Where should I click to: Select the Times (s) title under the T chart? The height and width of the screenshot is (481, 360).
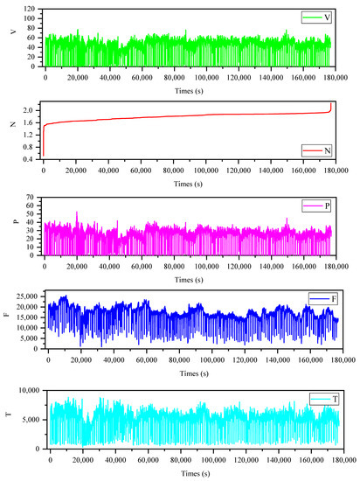[x=190, y=471]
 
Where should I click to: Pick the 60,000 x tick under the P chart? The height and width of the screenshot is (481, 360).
[x=141, y=265]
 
